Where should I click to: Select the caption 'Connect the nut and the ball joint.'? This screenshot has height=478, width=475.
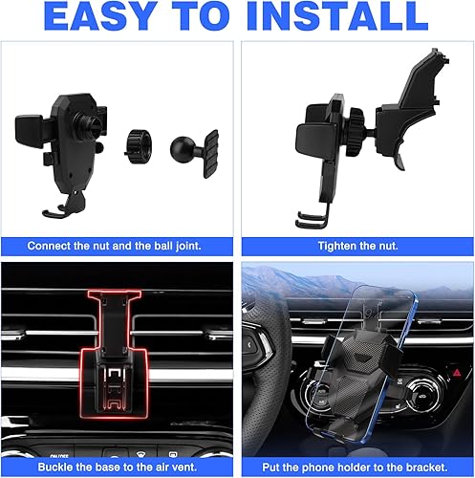(119, 246)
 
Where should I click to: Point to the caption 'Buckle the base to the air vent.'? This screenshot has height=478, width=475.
(119, 467)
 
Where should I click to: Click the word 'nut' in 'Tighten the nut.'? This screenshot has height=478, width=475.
(389, 246)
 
